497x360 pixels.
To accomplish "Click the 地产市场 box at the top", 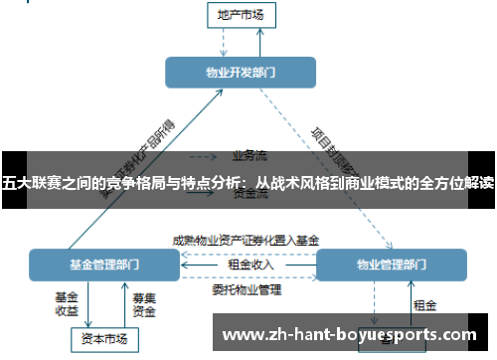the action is [x=241, y=14].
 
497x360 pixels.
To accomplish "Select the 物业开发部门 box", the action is [x=241, y=72].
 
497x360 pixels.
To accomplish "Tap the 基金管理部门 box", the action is [x=103, y=266].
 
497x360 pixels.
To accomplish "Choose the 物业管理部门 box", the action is [x=390, y=266].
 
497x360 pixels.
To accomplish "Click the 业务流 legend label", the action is [x=248, y=155].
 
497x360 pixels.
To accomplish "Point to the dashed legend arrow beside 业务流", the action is [x=204, y=156].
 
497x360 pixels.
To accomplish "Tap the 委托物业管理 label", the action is [x=247, y=290].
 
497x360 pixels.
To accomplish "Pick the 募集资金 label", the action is [x=144, y=303].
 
